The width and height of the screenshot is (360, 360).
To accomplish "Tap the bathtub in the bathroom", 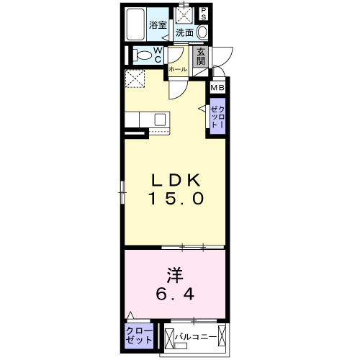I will click(x=135, y=26).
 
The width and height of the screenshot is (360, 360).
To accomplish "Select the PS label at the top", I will click(x=204, y=14).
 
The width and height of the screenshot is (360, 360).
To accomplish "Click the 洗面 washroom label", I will click(x=185, y=32).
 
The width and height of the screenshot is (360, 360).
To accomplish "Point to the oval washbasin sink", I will click(x=202, y=32).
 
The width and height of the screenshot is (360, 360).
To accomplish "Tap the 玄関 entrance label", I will click(x=202, y=57).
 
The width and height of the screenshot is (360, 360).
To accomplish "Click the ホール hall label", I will click(x=177, y=70).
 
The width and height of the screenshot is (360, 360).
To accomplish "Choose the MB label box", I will click(x=217, y=89).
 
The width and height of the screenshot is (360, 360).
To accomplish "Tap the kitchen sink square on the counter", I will click(x=160, y=120).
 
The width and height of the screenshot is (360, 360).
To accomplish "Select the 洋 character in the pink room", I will click(x=174, y=275).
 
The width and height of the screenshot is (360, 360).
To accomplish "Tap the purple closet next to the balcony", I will click(x=139, y=336).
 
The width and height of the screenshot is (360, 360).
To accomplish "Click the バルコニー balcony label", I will click(x=192, y=336).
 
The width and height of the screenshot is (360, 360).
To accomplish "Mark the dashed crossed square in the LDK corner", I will click(x=135, y=78).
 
